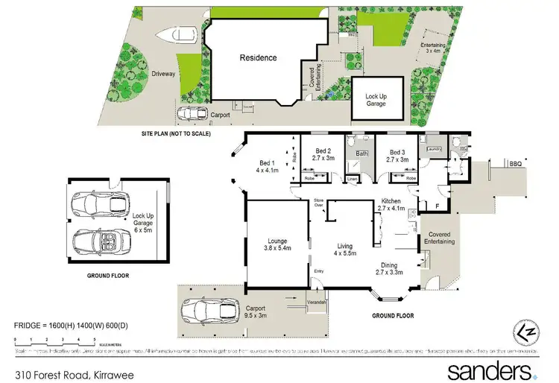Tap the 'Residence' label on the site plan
coord(258,57)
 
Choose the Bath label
coord(361,154)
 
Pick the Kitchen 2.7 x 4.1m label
coord(393,205)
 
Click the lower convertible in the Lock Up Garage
coord(101,239)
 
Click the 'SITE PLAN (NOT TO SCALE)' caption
coord(176,134)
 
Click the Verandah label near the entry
coord(318,302)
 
